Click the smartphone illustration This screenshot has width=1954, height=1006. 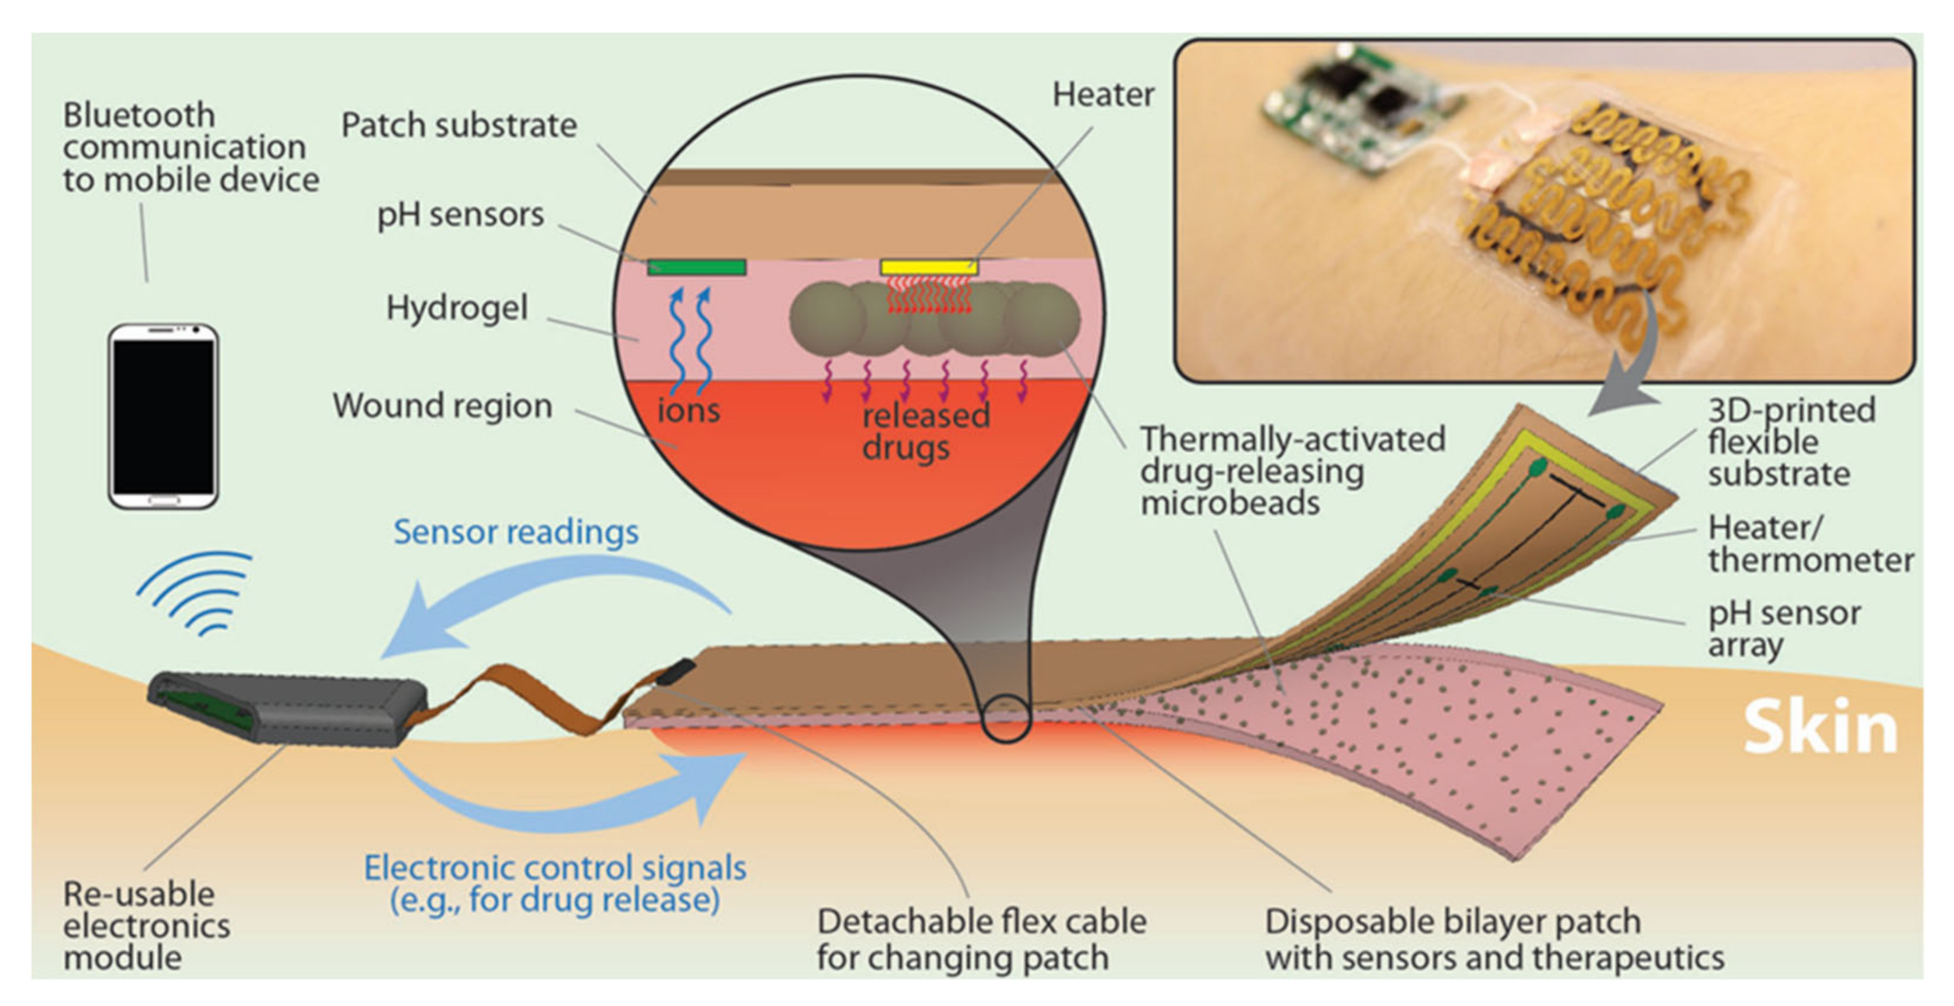tap(163, 416)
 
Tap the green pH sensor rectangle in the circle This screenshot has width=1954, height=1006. tap(696, 267)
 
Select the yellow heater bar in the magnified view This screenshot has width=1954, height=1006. tap(928, 267)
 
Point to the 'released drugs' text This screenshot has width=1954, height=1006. tap(925, 431)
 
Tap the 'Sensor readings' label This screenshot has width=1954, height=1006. tap(515, 532)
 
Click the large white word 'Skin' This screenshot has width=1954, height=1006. tap(1820, 728)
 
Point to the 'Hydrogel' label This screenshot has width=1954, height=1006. tap(457, 308)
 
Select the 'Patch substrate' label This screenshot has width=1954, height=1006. tap(458, 126)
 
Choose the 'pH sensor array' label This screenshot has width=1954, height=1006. tap(1784, 629)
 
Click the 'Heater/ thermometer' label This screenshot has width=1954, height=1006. tap(1809, 544)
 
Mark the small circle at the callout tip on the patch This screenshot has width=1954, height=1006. tap(1006, 718)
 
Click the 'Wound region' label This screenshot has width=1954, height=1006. tap(442, 406)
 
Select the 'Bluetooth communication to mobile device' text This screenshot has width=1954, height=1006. tap(190, 147)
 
